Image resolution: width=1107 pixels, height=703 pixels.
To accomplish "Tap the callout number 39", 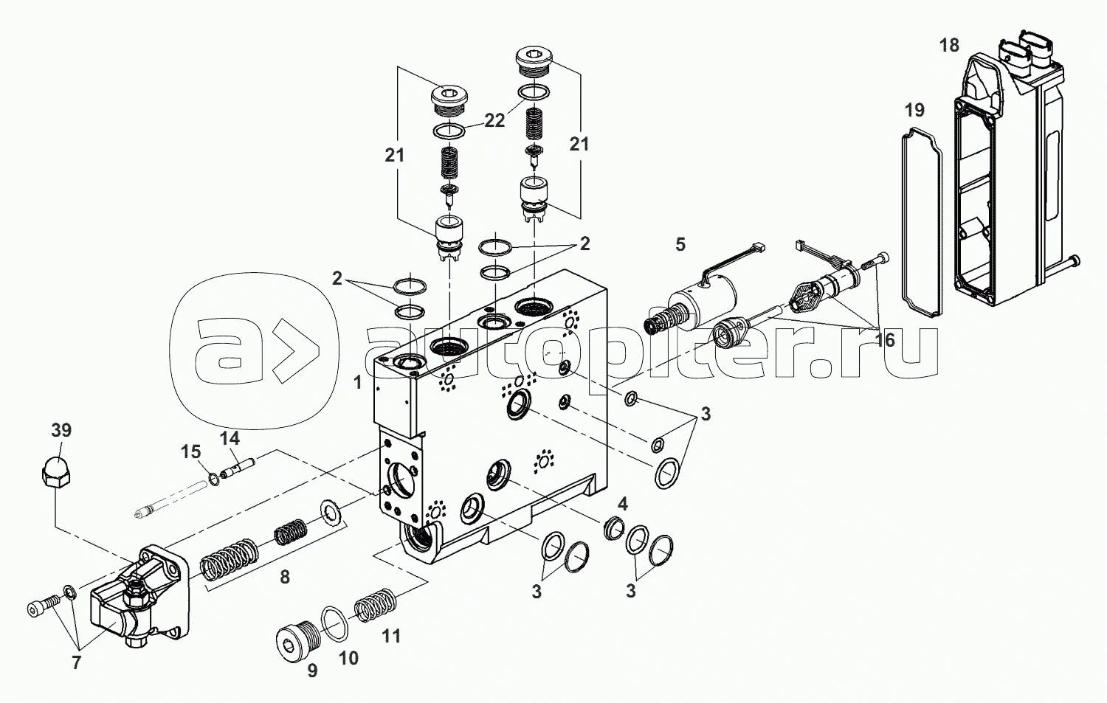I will tap(62, 431).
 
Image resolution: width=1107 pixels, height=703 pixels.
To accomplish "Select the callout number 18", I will tap(949, 46).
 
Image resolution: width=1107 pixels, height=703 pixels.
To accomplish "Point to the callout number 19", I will tap(914, 111).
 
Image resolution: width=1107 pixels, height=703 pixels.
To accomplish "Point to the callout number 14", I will tap(230, 438).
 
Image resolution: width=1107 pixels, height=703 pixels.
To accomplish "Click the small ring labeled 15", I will tap(213, 479).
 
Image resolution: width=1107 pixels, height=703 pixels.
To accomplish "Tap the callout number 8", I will tap(285, 577).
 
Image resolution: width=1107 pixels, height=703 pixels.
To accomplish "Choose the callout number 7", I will tap(76, 663).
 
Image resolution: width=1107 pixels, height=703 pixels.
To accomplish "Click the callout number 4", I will tap(623, 505).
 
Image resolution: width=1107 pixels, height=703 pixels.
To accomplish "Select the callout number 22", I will tap(494, 120).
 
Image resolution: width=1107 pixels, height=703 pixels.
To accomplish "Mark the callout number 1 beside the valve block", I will tap(358, 383).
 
